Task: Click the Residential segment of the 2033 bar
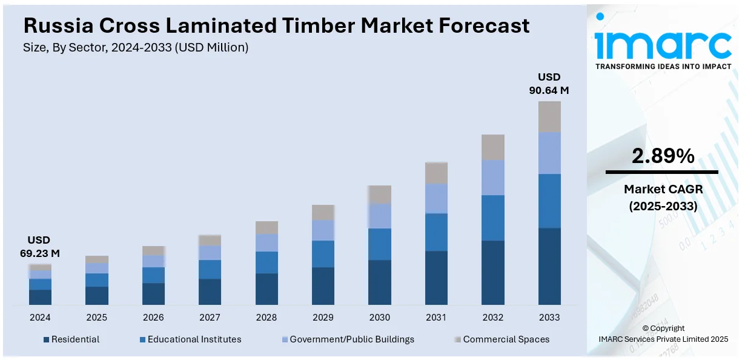pyautogui.click(x=549, y=266)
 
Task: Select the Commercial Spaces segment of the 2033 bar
pyautogui.click(x=549, y=116)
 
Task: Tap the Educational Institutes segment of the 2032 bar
pyautogui.click(x=493, y=218)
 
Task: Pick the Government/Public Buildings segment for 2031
pyautogui.click(x=436, y=198)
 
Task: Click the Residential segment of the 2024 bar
pyautogui.click(x=40, y=297)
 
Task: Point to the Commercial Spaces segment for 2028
pyautogui.click(x=266, y=227)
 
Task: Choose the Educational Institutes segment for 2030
pyautogui.click(x=380, y=244)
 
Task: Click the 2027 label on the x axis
pyautogui.click(x=210, y=318)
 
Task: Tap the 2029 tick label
pyautogui.click(x=323, y=318)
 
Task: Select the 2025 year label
pyautogui.click(x=96, y=318)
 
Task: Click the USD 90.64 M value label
pyautogui.click(x=549, y=84)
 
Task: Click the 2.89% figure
pyautogui.click(x=663, y=156)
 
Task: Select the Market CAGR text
pyautogui.click(x=663, y=190)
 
